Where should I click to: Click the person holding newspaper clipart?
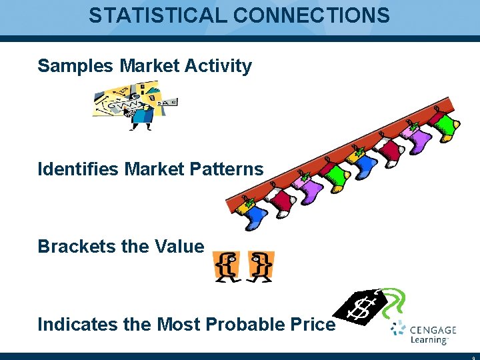point(137,105)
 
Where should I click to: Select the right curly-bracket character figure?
point(260,266)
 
